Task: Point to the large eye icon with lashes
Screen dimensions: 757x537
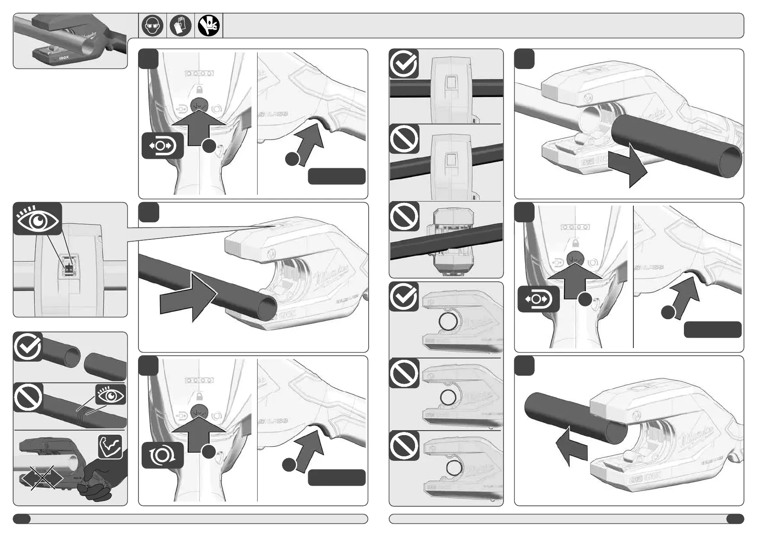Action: click(x=37, y=219)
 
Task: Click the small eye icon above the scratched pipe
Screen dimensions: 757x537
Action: click(x=111, y=395)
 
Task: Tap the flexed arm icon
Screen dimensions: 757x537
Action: click(x=111, y=446)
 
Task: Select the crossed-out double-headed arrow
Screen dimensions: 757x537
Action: click(x=42, y=477)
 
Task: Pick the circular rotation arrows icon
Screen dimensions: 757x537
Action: click(x=162, y=456)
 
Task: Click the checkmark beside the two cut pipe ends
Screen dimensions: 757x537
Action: click(x=28, y=347)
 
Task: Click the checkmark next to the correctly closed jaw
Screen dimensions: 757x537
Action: click(x=404, y=297)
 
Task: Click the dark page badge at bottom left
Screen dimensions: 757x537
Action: click(x=22, y=519)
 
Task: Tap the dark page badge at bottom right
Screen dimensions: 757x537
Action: click(x=735, y=519)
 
